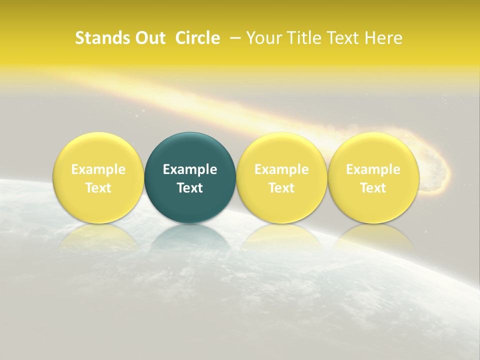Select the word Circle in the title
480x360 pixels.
[x=197, y=38]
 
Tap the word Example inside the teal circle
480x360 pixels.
[x=190, y=169]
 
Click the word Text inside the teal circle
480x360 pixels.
[x=190, y=188]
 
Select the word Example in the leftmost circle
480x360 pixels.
[x=98, y=169]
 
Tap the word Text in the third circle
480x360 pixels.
[x=281, y=188]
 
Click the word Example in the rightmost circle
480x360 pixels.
[x=373, y=169]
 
